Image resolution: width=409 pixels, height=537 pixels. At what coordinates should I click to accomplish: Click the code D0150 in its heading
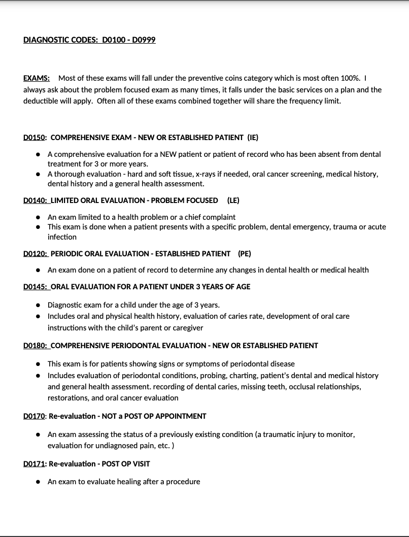pos(34,137)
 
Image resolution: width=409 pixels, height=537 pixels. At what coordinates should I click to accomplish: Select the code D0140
pos(35,200)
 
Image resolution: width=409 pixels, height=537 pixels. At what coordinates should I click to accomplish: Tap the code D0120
pos(35,253)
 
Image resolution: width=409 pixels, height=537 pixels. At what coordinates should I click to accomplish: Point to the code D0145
pos(35,286)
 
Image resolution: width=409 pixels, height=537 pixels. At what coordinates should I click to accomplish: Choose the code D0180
pos(35,345)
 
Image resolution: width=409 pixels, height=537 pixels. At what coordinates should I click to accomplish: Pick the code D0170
pos(34,416)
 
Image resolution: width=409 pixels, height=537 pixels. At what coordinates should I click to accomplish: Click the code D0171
pos(34,463)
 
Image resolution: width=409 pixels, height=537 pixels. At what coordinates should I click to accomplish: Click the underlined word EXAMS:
pos(37,78)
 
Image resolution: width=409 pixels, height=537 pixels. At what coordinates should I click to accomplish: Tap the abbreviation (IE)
pos(253,137)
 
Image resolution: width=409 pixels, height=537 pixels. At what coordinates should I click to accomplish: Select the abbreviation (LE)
pos(233,200)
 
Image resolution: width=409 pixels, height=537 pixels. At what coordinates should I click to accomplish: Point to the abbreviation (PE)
pos(245,253)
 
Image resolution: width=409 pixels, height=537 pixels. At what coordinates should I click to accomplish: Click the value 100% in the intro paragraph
pos(350,78)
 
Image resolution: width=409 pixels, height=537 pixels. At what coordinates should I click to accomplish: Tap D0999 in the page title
pos(143,40)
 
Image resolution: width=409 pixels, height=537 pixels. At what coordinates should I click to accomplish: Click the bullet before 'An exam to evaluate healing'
pos(38,482)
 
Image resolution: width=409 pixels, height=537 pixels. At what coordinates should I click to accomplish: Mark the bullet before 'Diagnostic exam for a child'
pos(38,305)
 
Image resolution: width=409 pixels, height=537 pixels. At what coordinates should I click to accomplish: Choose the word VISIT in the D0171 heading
pos(141,463)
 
